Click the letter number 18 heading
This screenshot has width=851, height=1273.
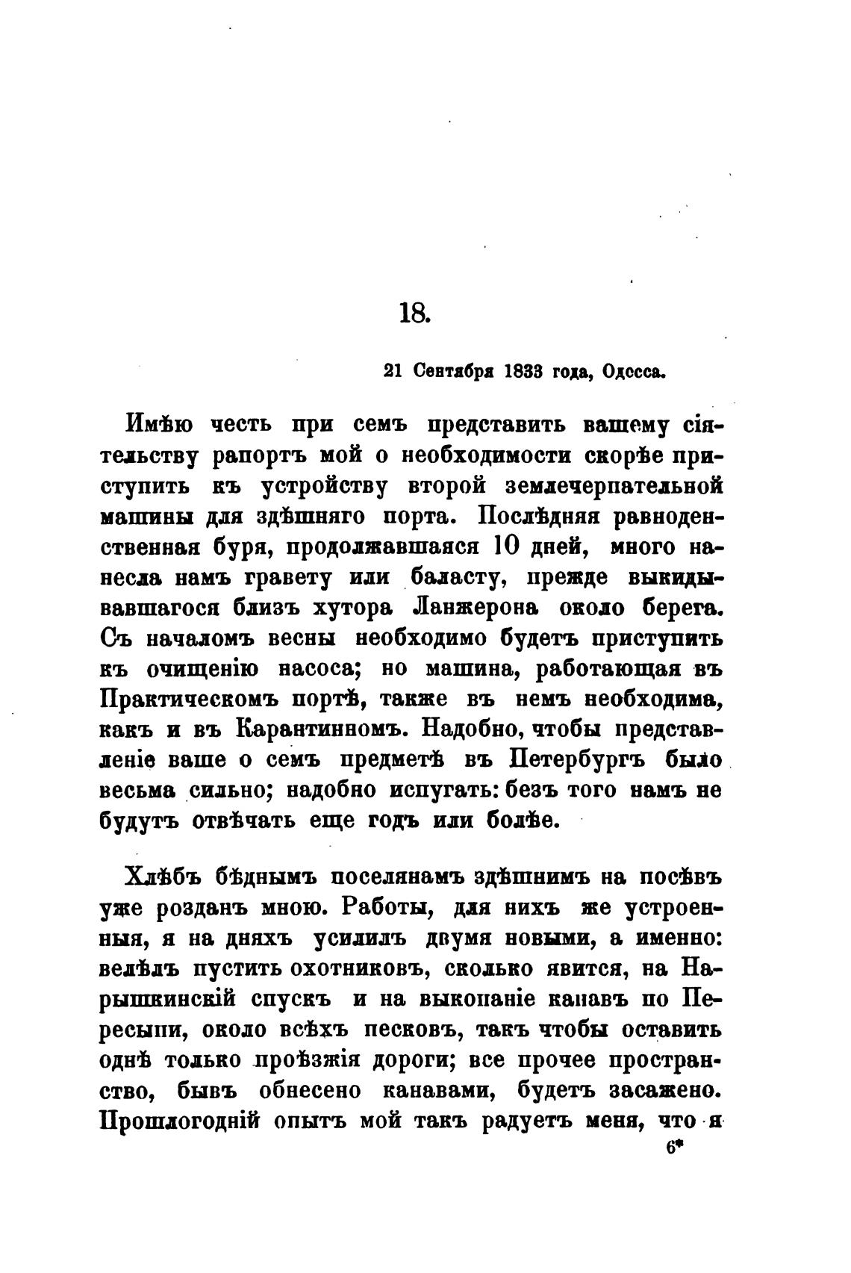pos(415,313)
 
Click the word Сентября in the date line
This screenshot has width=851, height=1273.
pos(455,371)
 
